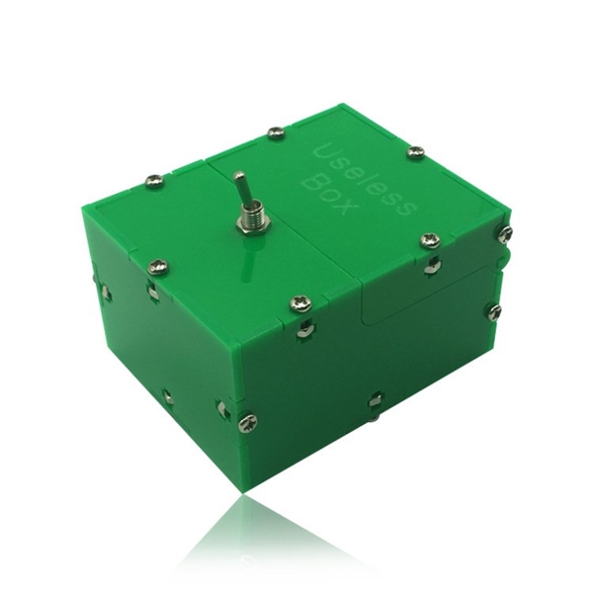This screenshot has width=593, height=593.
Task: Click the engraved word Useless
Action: [x=366, y=181]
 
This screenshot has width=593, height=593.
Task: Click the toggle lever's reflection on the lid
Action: [x=248, y=259]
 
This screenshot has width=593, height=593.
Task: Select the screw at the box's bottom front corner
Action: [x=248, y=422]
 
